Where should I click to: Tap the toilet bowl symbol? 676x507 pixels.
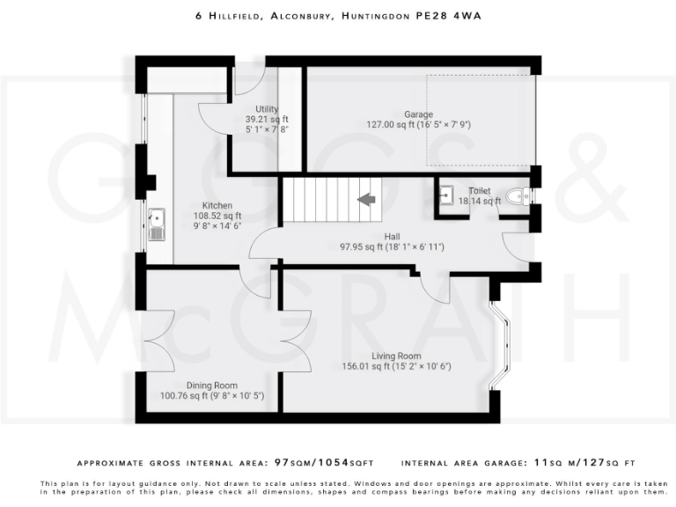pyautogui.click(x=519, y=197)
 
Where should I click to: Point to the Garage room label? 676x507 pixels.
pyautogui.click(x=419, y=114)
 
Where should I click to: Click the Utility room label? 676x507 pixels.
pyautogui.click(x=267, y=108)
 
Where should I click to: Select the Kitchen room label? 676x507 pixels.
pyautogui.click(x=217, y=205)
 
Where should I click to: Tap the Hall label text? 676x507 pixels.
pyautogui.click(x=393, y=236)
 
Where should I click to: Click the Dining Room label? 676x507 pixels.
pyautogui.click(x=211, y=385)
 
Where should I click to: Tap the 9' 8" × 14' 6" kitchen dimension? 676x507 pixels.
pyautogui.click(x=217, y=225)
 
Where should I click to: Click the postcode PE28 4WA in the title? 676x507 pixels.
pyautogui.click(x=467, y=16)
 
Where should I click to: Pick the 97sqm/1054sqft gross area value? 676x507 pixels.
pyautogui.click(x=325, y=462)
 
